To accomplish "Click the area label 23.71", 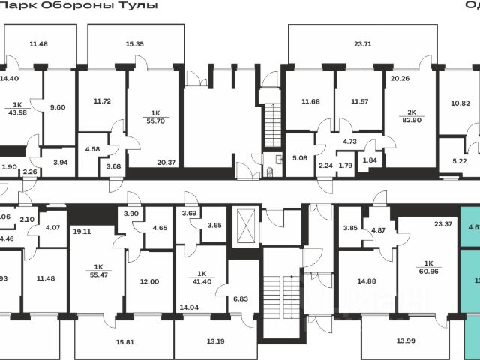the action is (x=362, y=44).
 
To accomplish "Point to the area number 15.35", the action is (x=135, y=44).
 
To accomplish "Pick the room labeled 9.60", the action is (x=58, y=107).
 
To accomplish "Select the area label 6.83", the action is (x=241, y=298).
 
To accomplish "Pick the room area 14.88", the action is (x=366, y=281).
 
